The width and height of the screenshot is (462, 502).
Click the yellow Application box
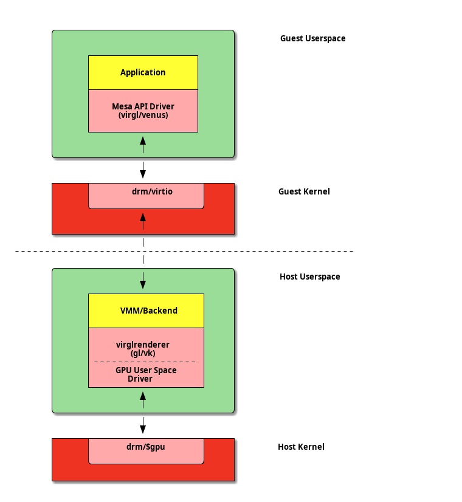click(143, 72)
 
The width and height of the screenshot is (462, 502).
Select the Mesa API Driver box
click(143, 111)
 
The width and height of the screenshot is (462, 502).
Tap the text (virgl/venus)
click(143, 115)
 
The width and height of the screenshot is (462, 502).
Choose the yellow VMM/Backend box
click(146, 311)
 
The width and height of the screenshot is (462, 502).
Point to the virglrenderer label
click(143, 345)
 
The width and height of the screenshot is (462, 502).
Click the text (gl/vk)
click(143, 353)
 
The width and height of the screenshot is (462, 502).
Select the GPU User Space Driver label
click(143, 374)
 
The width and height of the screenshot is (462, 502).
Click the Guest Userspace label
click(312, 38)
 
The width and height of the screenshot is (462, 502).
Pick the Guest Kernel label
click(304, 191)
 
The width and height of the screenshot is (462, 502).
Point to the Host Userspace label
click(309, 277)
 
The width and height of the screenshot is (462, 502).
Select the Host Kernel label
click(301, 447)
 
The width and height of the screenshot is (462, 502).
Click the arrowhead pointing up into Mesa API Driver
click(143, 140)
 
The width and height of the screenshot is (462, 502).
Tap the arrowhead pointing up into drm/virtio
click(143, 216)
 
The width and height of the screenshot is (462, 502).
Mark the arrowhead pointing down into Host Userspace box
click(143, 284)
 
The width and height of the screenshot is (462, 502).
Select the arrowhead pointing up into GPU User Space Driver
click(143, 396)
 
